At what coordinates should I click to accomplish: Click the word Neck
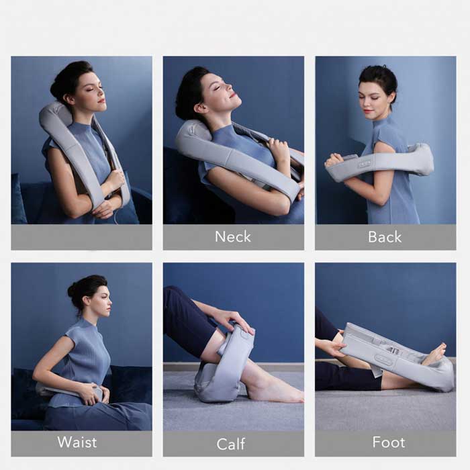(x=233, y=236)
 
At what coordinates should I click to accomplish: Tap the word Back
(x=385, y=236)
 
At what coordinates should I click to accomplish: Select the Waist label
(x=77, y=442)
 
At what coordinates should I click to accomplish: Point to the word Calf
(x=231, y=444)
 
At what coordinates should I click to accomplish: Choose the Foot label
(x=389, y=442)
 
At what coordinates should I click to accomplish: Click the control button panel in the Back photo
(x=365, y=163)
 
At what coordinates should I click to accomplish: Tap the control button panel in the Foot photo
(x=383, y=360)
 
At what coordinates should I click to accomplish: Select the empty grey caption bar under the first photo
(x=81, y=237)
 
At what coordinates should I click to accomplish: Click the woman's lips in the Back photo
(x=369, y=111)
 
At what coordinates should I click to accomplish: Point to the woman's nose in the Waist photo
(x=110, y=301)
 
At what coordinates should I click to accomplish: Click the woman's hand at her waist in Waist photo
(x=93, y=393)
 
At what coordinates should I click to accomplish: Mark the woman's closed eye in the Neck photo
(x=216, y=87)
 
